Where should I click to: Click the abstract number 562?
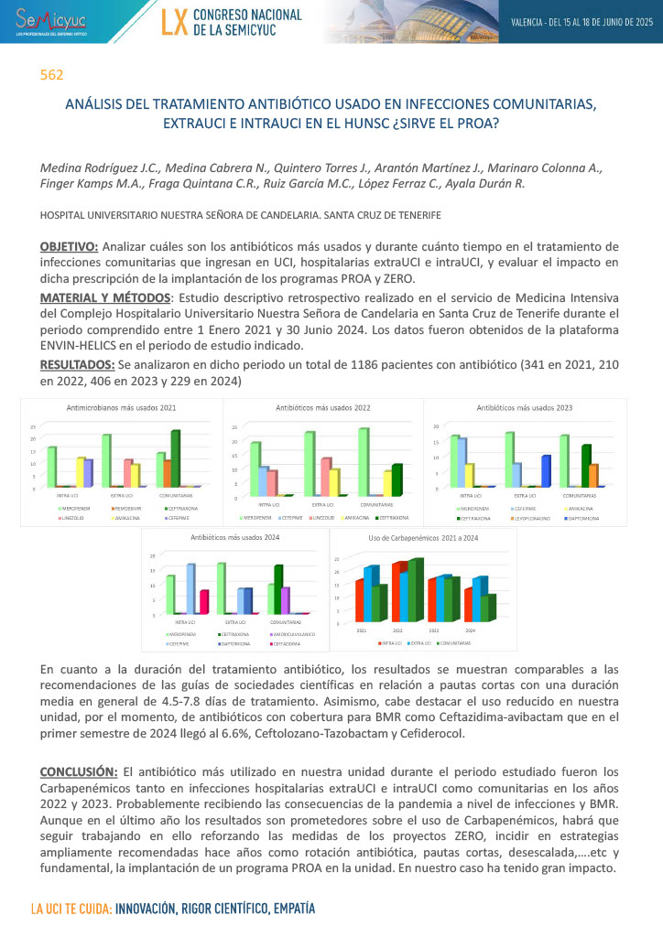pyautogui.click(x=51, y=75)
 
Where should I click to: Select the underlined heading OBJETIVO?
pyautogui.click(x=69, y=247)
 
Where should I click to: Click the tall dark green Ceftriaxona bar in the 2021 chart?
pyautogui.click(x=176, y=458)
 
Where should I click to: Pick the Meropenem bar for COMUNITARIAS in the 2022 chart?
pyautogui.click(x=363, y=462)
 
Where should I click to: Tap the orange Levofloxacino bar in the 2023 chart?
pyautogui.click(x=593, y=475)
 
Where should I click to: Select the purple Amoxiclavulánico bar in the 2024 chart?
pyautogui.click(x=286, y=599)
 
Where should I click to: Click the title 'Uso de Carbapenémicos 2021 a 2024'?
pyautogui.click(x=422, y=537)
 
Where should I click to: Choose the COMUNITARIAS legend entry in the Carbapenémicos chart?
pyautogui.click(x=456, y=643)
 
